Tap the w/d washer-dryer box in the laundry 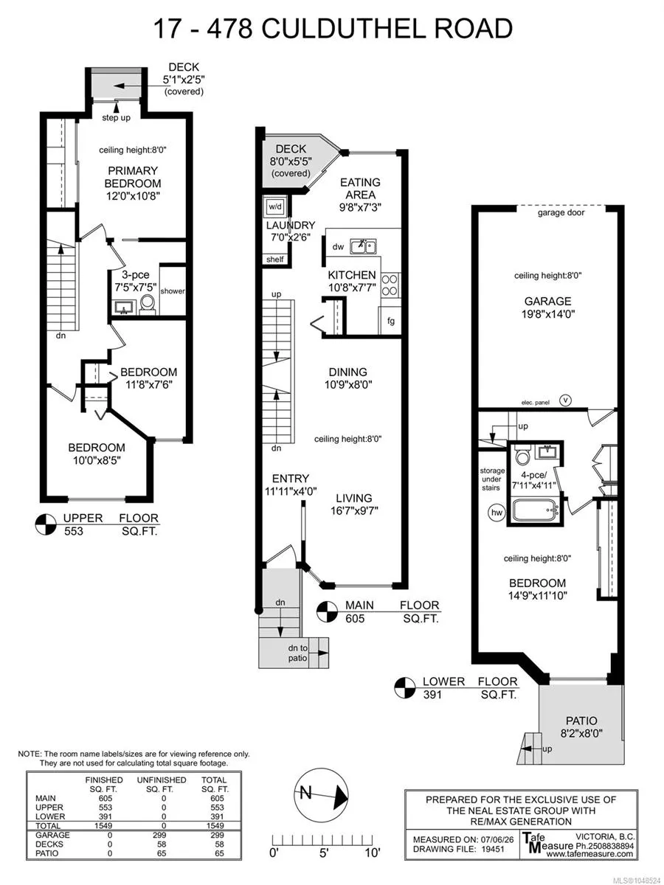[x=275, y=206]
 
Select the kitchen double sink [x=363, y=246]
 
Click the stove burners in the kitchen [x=390, y=285]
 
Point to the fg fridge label [x=391, y=321]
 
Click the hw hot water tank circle [x=497, y=513]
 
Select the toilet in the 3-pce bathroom [x=147, y=304]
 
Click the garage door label [x=561, y=212]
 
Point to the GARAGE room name [x=547, y=301]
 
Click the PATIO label [x=581, y=721]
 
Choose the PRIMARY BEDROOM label [x=133, y=177]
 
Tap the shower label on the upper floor [x=173, y=291]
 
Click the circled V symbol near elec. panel [x=566, y=400]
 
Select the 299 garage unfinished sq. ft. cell [x=159, y=835]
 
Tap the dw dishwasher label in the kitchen [x=338, y=247]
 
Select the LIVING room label [x=354, y=498]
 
